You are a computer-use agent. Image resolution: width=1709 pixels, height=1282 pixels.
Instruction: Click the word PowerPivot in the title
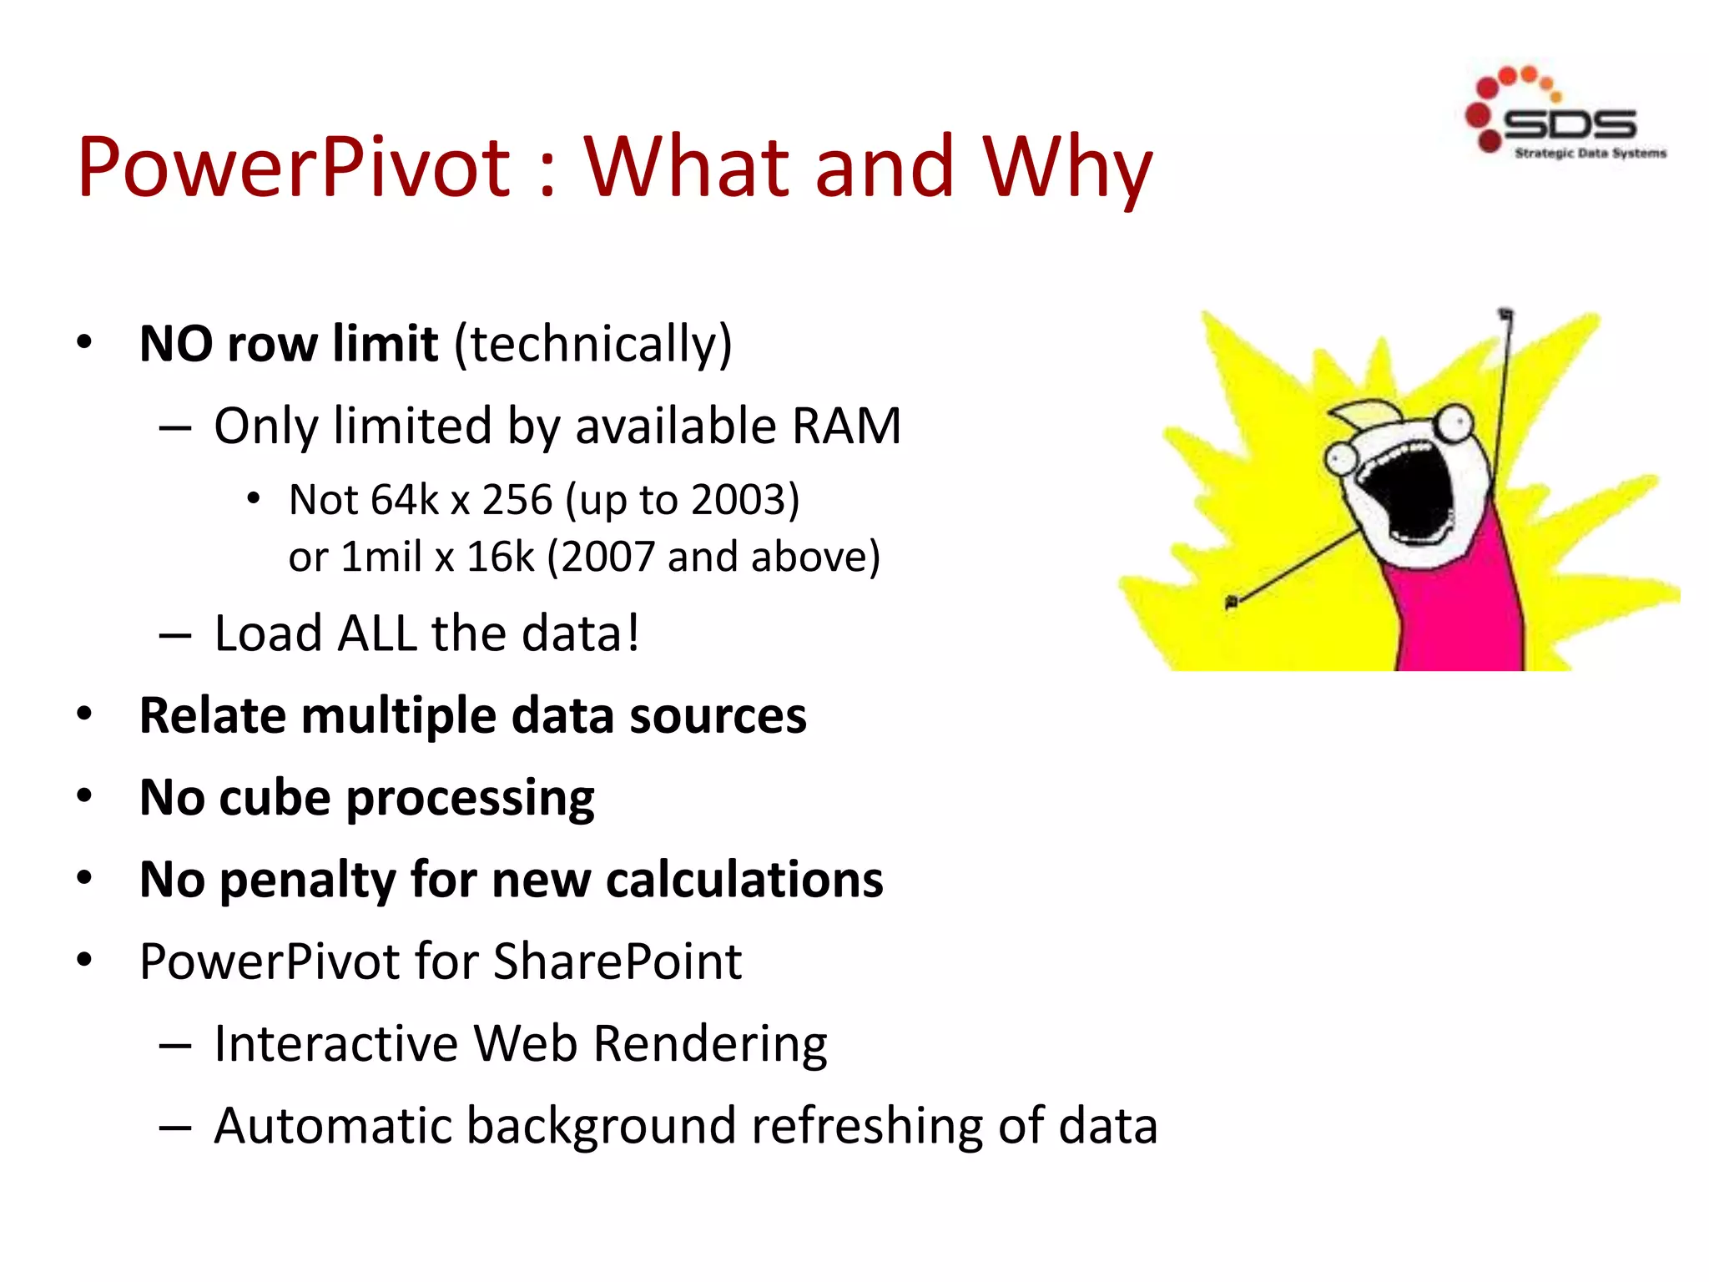[x=294, y=168]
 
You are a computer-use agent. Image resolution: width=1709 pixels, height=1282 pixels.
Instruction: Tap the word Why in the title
[x=1068, y=168]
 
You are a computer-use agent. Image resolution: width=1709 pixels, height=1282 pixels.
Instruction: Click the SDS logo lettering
[x=1569, y=125]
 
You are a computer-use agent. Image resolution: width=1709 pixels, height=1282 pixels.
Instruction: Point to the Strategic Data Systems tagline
[x=1591, y=153]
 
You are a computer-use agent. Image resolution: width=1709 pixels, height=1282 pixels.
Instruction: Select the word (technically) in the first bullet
[x=592, y=344]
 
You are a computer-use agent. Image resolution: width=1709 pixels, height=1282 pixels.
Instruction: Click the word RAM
[x=846, y=426]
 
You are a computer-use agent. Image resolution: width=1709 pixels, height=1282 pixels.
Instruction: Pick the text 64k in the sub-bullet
[x=404, y=500]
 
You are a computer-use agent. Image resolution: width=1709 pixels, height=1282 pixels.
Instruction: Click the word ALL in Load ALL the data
[x=376, y=633]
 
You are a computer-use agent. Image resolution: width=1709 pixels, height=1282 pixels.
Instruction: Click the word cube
[x=275, y=798]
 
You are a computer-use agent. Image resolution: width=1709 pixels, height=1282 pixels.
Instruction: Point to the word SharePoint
[x=618, y=961]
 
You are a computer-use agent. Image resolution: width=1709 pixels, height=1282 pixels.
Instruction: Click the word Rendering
[x=710, y=1044]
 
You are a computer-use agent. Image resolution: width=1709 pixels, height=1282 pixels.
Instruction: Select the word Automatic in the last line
[x=333, y=1126]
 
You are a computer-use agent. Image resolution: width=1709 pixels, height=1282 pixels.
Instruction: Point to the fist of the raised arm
[x=1505, y=315]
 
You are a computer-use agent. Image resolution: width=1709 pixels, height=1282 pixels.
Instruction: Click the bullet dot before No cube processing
[x=84, y=796]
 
